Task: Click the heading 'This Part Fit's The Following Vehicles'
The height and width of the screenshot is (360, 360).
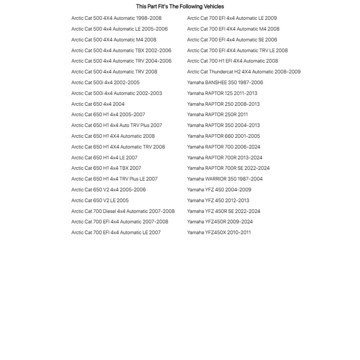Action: pyautogui.click(x=180, y=6)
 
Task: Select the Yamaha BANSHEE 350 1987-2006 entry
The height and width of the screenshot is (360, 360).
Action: pyautogui.click(x=225, y=82)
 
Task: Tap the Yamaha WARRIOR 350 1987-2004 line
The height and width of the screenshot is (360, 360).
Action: pyautogui.click(x=225, y=179)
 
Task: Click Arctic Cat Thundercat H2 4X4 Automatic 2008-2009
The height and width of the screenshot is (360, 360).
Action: pyautogui.click(x=243, y=72)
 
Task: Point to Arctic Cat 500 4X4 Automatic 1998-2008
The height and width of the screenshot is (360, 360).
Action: pyautogui.click(x=116, y=18)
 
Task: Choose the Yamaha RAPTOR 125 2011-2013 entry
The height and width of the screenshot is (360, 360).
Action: pyautogui.click(x=222, y=93)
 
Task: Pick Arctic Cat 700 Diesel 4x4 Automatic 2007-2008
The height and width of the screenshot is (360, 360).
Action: pyautogui.click(x=123, y=211)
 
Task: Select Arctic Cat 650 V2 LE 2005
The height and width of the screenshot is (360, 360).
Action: pyautogui.click(x=100, y=200)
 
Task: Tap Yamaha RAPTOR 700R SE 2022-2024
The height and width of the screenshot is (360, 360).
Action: pyautogui.click(x=228, y=168)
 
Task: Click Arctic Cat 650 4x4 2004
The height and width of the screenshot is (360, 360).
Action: pyautogui.click(x=98, y=104)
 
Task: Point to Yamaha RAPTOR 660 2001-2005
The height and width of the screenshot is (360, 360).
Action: pyautogui.click(x=223, y=136)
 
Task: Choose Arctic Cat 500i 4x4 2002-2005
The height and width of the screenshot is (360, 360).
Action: pyautogui.click(x=105, y=82)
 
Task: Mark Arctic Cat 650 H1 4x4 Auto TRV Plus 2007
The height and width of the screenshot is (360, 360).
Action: pyautogui.click(x=117, y=125)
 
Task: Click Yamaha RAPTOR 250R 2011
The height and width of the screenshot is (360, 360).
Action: pyautogui.click(x=217, y=114)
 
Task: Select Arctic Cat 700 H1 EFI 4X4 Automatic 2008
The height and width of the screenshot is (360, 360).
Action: pyautogui.click(x=232, y=61)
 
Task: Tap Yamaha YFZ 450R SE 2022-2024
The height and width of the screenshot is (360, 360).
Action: pyautogui.click(x=224, y=211)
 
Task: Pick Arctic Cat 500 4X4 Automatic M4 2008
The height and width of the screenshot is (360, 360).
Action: pyautogui.click(x=114, y=40)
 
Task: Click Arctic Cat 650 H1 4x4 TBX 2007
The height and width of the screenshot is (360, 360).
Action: pyautogui.click(x=106, y=168)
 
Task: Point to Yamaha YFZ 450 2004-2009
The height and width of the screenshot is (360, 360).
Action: pyautogui.click(x=219, y=189)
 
